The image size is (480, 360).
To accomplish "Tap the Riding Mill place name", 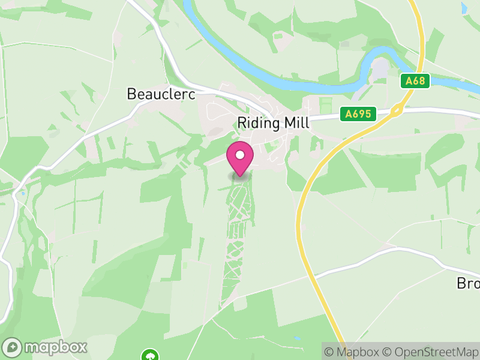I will (273, 122).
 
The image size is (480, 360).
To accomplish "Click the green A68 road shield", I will (415, 81).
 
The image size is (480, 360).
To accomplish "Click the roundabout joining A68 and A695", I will (396, 110).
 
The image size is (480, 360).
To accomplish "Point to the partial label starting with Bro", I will (468, 283).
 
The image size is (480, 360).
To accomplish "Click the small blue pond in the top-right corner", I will (464, 8).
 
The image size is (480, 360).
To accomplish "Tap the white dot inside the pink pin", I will (240, 155).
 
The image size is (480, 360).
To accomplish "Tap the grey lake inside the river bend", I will (379, 70).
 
